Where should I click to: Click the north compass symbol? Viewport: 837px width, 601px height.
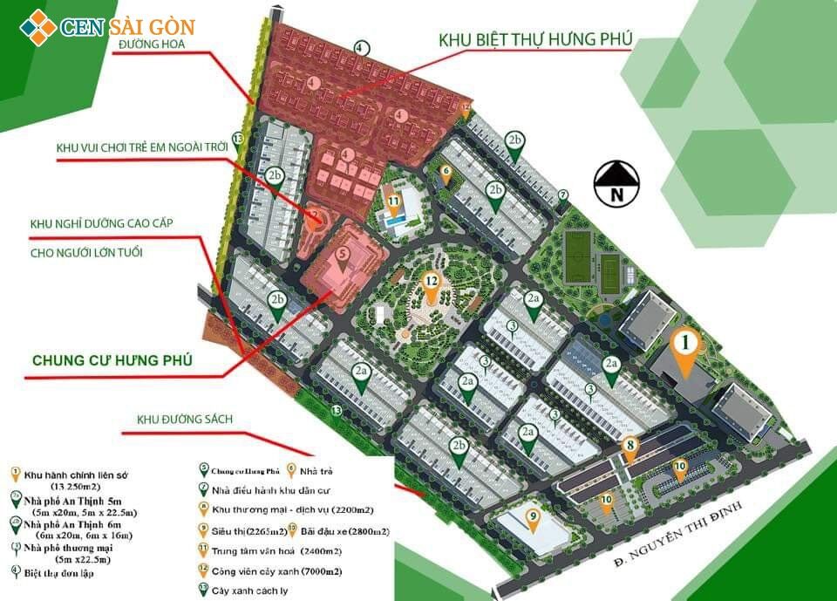coord(616,183)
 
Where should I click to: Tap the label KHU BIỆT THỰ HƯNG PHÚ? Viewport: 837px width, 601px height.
coord(535,40)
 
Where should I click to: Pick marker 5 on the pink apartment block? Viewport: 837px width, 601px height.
coord(342,256)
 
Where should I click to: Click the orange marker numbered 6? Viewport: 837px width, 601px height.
coord(446,174)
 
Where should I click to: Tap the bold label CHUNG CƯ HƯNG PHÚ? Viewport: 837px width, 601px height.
coord(112,359)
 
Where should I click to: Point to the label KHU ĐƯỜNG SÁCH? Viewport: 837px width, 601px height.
coord(184,420)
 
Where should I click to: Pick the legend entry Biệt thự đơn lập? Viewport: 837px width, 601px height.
coord(58,573)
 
